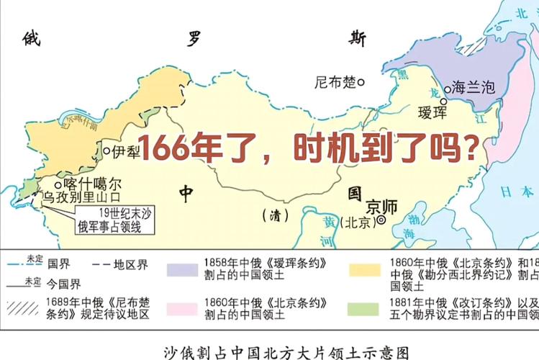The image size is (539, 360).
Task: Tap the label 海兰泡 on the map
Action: pyautogui.click(x=474, y=88)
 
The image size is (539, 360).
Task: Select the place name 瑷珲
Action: pyautogui.click(x=432, y=112)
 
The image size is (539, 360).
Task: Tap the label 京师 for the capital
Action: pyautogui.click(x=381, y=204)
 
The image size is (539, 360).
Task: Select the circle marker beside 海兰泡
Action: pyautogui.click(x=447, y=87)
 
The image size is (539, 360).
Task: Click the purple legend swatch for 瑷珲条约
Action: pyautogui.click(x=184, y=269)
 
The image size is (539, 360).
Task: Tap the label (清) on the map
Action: pyautogui.click(x=274, y=215)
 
